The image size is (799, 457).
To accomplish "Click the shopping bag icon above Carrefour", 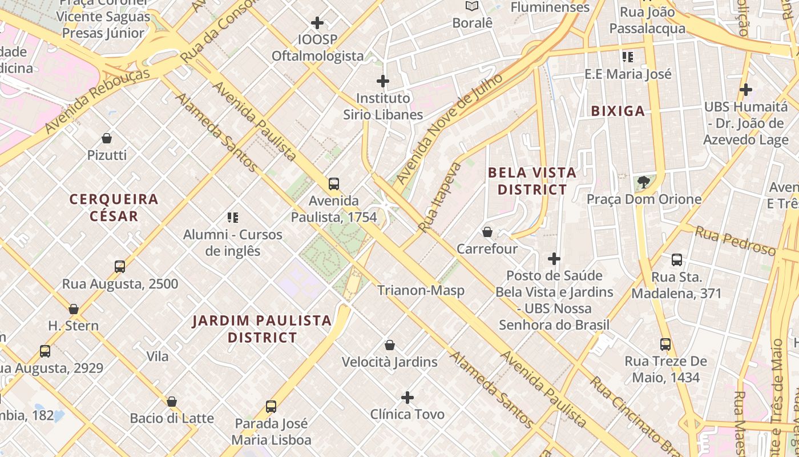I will click(487, 232).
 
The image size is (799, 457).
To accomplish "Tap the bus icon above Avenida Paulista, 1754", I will click(334, 184).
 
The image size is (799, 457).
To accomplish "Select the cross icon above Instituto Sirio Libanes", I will click(383, 81).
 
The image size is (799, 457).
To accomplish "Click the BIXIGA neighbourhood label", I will click(618, 111).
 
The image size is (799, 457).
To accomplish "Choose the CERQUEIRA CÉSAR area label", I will click(114, 207).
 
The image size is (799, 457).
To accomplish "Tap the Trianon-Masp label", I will click(421, 290).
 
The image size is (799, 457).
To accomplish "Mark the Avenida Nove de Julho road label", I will click(450, 129).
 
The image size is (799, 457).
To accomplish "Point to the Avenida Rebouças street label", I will click(97, 101).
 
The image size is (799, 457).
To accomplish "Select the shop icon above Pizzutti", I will click(107, 138).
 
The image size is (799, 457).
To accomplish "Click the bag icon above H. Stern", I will click(74, 309).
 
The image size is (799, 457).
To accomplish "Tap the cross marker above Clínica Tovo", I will click(407, 397).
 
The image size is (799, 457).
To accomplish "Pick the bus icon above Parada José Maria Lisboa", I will click(271, 407).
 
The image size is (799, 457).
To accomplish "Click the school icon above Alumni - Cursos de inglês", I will click(232, 217).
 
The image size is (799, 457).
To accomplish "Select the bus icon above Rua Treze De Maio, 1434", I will click(665, 344).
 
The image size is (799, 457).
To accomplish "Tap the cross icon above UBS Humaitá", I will click(745, 90).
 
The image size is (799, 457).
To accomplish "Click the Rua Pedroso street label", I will click(735, 240).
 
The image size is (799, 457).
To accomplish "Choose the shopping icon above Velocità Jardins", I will click(390, 345).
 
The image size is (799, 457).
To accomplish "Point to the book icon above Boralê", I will click(472, 6).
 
